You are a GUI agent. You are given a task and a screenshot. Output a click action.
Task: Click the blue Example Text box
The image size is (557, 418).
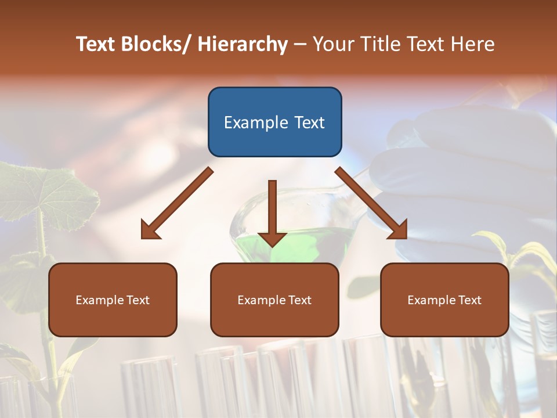pyautogui.click(x=274, y=122)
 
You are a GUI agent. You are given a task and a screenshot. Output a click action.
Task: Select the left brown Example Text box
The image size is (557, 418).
pyautogui.click(x=113, y=300)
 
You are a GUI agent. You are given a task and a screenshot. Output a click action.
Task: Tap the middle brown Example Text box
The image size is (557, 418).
pyautogui.click(x=274, y=300)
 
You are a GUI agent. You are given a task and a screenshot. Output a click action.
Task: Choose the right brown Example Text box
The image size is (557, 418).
pyautogui.click(x=444, y=300)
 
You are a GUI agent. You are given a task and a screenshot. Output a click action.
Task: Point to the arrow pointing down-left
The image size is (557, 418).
pyautogui.click(x=177, y=203)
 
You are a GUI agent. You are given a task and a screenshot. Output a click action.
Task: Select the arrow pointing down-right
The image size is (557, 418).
pyautogui.click(x=371, y=203)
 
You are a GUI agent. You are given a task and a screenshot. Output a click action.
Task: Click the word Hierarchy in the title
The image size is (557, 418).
pyautogui.click(x=243, y=44)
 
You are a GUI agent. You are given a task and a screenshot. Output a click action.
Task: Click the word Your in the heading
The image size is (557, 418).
pyautogui.click(x=334, y=44)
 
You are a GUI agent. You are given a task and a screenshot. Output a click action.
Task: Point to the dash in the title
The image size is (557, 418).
pyautogui.click(x=300, y=44)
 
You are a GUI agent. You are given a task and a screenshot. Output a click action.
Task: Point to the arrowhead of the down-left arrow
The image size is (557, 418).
pyautogui.click(x=150, y=230)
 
